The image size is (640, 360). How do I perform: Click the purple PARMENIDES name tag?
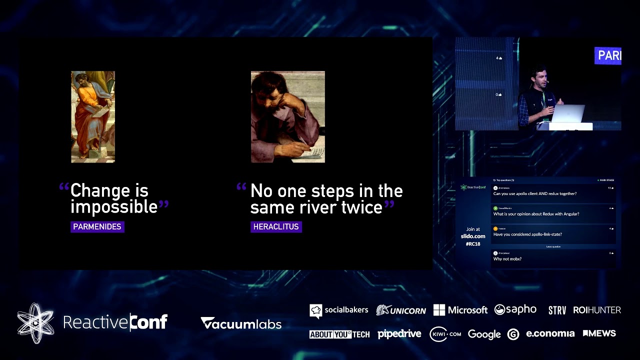tap(97, 227)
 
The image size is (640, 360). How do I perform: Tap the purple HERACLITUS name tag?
tap(276, 227)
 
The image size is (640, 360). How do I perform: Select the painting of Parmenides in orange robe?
tap(93, 116)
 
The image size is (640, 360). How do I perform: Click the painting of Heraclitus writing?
tap(287, 116)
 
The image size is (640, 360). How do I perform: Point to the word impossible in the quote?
tap(114, 207)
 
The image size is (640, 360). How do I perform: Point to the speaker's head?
tap(538, 75)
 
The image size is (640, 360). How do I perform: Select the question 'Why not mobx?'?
tap(507, 259)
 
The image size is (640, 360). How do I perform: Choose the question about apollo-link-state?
tap(527, 234)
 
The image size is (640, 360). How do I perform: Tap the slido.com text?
tap(473, 236)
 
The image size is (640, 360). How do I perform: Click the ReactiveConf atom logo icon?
tap(35, 323)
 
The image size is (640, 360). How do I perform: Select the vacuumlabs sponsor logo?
tap(241, 323)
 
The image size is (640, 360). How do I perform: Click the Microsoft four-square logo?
tap(439, 310)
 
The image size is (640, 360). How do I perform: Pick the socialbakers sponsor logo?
tap(339, 310)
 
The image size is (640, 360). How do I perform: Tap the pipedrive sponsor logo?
tap(399, 334)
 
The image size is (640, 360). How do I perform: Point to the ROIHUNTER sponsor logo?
tap(597, 310)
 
